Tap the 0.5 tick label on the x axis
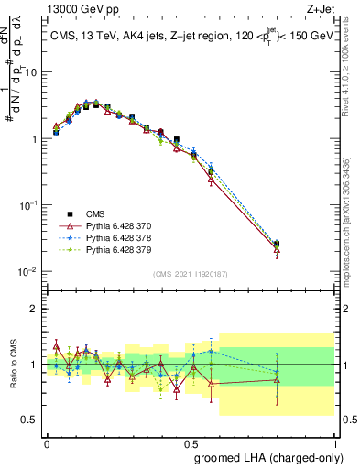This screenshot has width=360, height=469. tap(191, 442)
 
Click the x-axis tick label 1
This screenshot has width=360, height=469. tap(334, 442)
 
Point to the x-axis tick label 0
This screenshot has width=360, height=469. tap(47, 442)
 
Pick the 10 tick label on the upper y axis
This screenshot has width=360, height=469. tap(31, 71)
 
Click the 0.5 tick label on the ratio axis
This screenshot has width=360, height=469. tap(31, 420)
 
